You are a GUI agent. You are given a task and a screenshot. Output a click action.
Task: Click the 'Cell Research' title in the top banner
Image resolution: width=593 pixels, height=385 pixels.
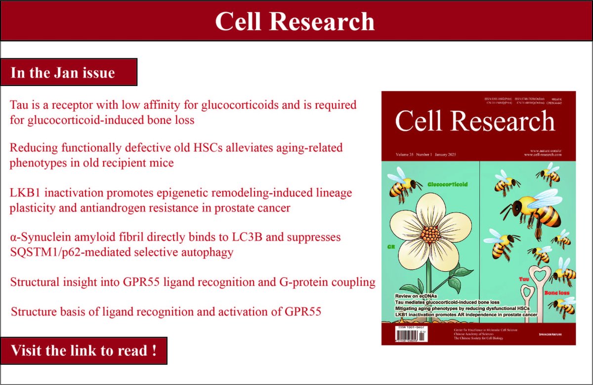click(295, 21)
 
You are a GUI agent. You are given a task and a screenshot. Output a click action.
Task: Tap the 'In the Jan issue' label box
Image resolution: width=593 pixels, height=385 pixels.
click(63, 73)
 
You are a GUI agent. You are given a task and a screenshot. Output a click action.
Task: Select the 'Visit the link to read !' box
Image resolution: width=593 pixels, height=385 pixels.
click(84, 351)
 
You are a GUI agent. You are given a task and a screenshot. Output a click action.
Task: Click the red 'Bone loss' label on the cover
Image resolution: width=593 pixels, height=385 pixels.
click(556, 293)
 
